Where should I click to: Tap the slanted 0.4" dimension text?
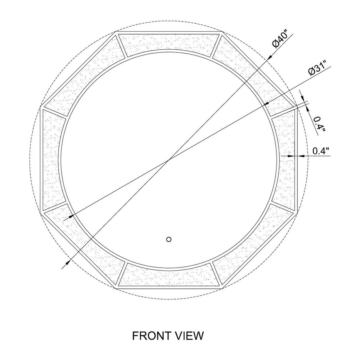319,124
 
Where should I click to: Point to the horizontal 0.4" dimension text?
321,151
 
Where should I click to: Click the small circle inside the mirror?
169,239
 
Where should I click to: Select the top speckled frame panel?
169,45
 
